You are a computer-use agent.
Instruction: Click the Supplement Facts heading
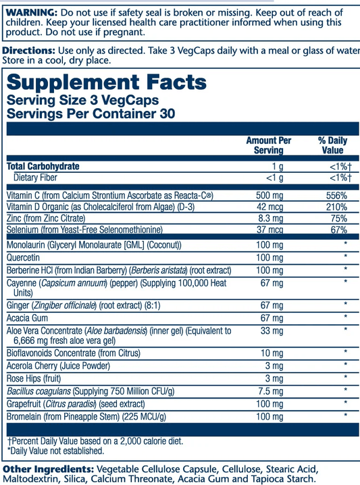coord(106,83)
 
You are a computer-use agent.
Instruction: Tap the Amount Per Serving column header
coord(268,145)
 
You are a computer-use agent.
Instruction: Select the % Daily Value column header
coord(332,145)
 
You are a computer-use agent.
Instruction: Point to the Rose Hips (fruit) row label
coord(38,378)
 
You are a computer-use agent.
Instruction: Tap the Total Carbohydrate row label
coord(43,166)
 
